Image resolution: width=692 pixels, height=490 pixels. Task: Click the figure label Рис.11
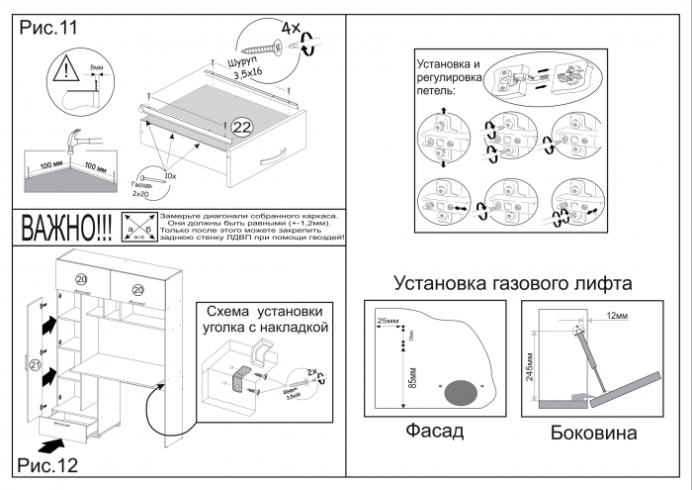[x=48, y=29]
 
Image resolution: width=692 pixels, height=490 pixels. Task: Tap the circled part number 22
[x=241, y=127]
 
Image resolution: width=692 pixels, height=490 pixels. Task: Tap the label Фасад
[x=434, y=432]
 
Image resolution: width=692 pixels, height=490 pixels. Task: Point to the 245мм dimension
[x=531, y=367]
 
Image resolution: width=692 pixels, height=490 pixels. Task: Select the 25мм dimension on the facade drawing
[x=388, y=322]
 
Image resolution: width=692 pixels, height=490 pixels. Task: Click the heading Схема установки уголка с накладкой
[x=264, y=318]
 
